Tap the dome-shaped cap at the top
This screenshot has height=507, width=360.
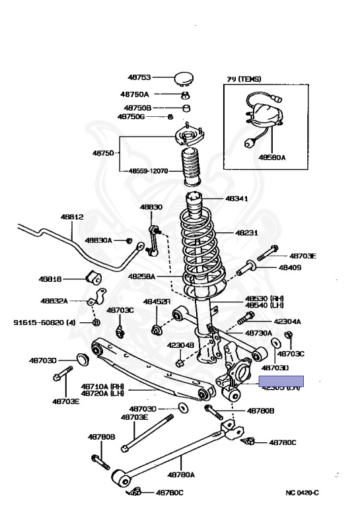184,79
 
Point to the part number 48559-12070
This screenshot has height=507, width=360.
149,171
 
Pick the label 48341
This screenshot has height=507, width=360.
238,198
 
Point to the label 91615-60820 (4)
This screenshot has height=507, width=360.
45,323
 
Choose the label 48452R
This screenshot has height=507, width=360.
157,301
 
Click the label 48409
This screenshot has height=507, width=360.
289,268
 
